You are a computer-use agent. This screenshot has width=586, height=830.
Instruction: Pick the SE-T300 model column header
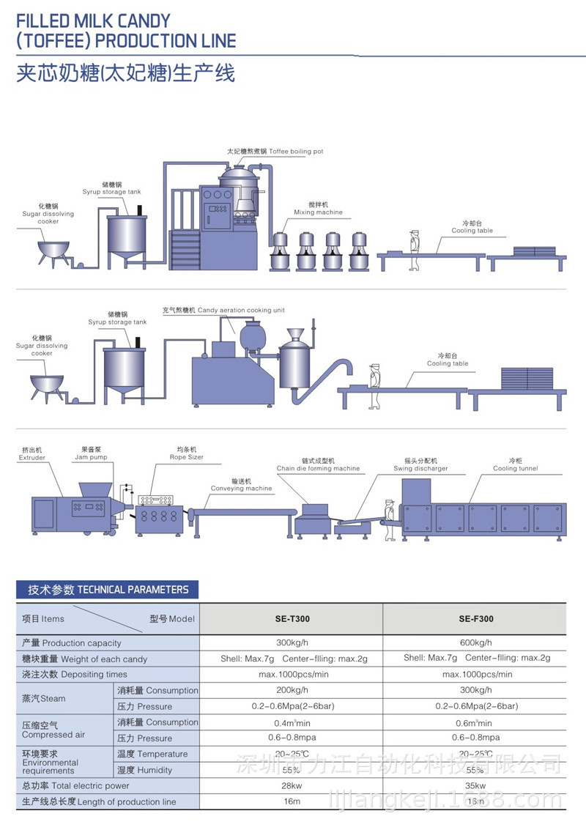pyautogui.click(x=292, y=619)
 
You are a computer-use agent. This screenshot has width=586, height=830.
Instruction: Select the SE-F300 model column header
pyautogui.click(x=476, y=619)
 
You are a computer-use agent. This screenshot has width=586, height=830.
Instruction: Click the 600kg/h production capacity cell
pyautogui.click(x=476, y=643)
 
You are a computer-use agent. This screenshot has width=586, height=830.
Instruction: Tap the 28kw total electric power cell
pyautogui.click(x=292, y=786)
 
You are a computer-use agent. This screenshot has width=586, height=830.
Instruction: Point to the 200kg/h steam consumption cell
pyautogui.click(x=292, y=690)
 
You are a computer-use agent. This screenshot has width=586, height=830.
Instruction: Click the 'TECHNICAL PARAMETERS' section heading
pyautogui.click(x=108, y=590)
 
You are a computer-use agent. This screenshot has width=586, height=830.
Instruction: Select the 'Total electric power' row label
pyautogui.click(x=75, y=786)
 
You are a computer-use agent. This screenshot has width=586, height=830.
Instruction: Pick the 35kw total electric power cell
pyautogui.click(x=476, y=786)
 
